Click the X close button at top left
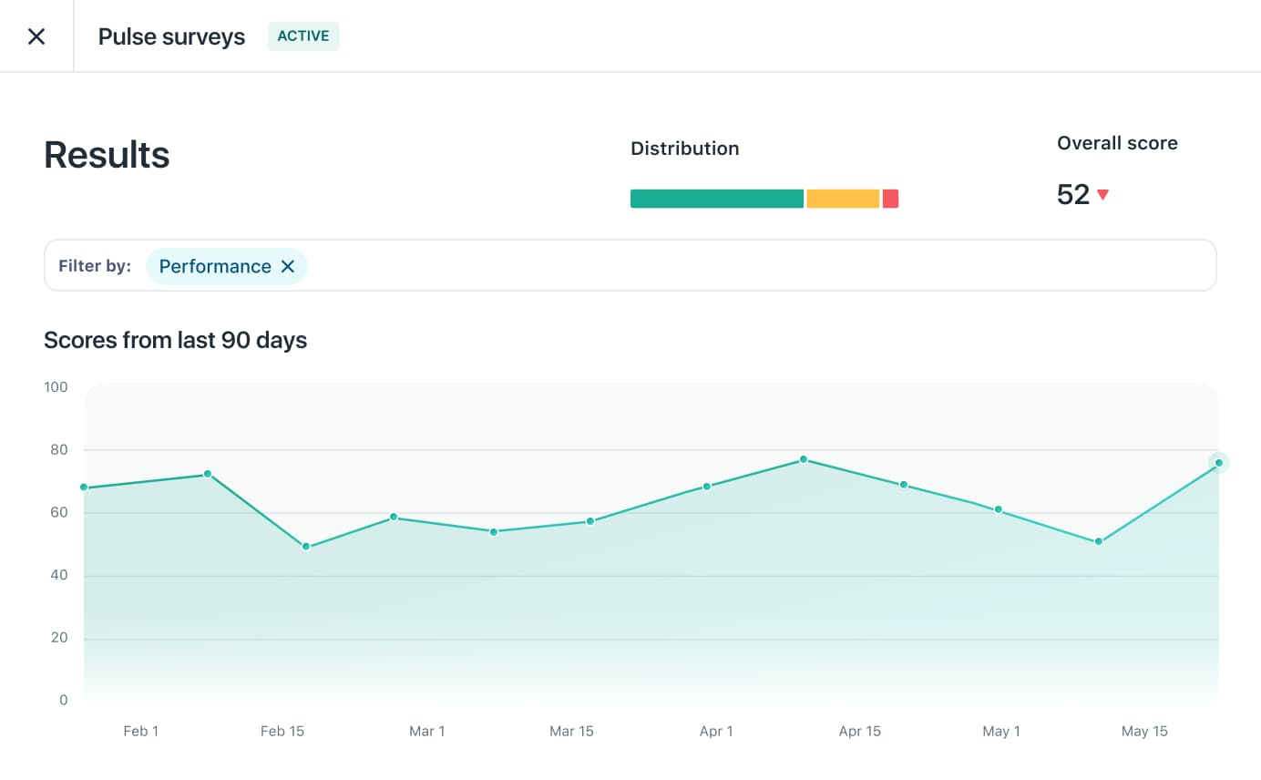pos(36,36)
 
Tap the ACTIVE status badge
pos(303,36)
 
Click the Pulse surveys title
pos(171,36)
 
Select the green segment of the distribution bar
pos(717,199)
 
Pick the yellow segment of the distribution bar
pos(843,199)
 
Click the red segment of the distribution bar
pos(890,199)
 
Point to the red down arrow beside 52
pos(1102,194)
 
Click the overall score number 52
pos(1073,194)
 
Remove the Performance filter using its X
pos(288,266)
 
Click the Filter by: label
pos(95,266)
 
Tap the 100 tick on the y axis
pos(56,387)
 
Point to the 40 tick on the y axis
pos(58,576)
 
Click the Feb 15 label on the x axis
pos(282,732)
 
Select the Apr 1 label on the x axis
pos(716,732)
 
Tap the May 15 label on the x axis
pos(1144,732)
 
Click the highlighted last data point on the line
pos(1218,463)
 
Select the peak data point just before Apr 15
pos(803,459)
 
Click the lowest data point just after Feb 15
pos(306,547)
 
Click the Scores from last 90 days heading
pos(175,341)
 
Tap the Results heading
pos(107,155)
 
